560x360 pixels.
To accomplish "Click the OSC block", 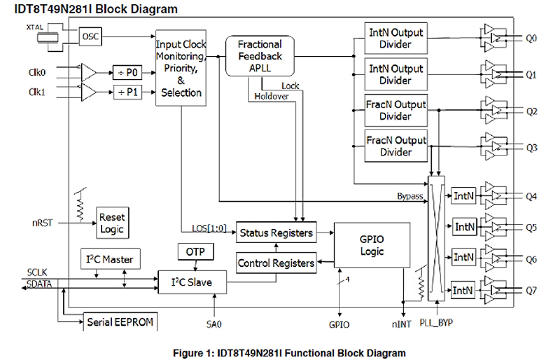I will click(90, 37).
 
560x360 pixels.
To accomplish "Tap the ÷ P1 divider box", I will click(128, 92).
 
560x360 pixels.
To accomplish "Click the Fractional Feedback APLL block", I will click(260, 56).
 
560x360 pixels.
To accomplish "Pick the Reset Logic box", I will click(112, 223).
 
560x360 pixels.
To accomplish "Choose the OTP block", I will click(195, 252).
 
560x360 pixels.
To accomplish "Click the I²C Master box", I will click(110, 259).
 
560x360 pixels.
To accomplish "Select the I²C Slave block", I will click(192, 282).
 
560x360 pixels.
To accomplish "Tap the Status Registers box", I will click(276, 232).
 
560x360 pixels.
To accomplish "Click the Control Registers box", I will click(276, 263).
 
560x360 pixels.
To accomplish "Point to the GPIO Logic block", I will click(372, 245).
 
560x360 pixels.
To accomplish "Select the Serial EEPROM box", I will click(120, 322).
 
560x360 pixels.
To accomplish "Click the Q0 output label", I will click(531, 38).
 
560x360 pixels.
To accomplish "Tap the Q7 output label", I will click(531, 291).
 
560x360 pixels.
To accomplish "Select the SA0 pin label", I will click(214, 324).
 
